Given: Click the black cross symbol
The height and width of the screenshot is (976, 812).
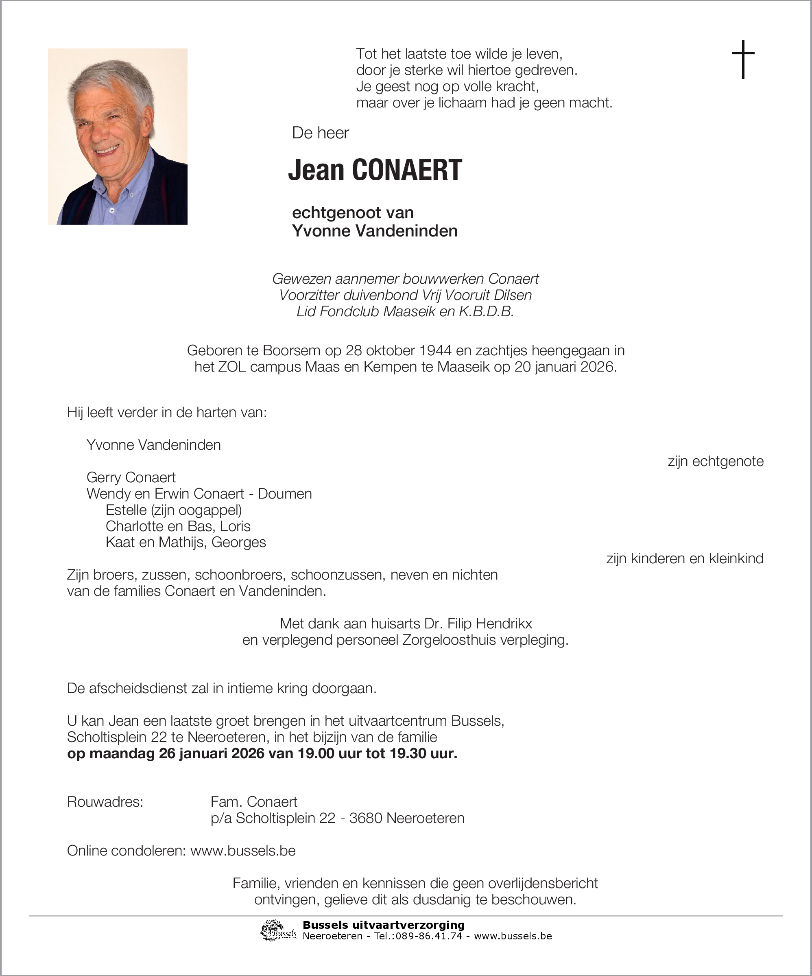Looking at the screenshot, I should coord(743,59).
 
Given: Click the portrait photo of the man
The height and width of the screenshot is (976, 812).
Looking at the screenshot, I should coord(118,137).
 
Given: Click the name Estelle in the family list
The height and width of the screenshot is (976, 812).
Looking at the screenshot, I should coord(126,510).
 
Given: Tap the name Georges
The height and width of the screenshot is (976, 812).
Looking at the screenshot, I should coord(239,543).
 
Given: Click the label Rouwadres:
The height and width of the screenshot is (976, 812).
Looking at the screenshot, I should coord(105,802).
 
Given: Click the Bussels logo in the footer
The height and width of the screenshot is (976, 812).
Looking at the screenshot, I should coord(279,930).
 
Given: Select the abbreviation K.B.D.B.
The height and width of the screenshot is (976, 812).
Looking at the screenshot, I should coord(487,311).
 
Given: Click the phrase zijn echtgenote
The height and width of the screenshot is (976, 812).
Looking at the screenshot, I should coord(715,461).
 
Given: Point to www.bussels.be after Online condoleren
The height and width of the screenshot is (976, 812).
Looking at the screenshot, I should coord(243,851).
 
